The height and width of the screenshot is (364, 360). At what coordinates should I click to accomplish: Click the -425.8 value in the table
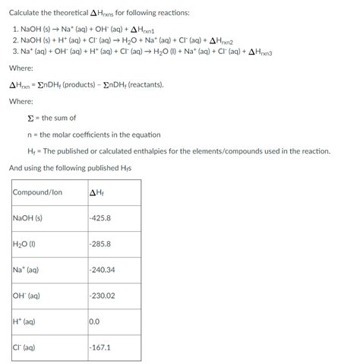click(x=100, y=218)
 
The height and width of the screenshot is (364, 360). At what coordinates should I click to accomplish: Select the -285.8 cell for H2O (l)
click(x=100, y=244)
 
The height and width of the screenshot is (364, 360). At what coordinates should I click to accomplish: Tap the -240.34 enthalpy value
click(x=102, y=270)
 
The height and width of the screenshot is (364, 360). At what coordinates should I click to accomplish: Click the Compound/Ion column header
click(x=37, y=192)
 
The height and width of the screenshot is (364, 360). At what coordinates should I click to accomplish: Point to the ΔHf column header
click(x=96, y=192)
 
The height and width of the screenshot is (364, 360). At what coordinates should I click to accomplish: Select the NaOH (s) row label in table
click(x=28, y=218)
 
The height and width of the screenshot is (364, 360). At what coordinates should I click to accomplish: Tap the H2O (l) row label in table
click(x=26, y=244)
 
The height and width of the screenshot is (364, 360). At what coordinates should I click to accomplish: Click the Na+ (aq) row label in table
click(x=26, y=270)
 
